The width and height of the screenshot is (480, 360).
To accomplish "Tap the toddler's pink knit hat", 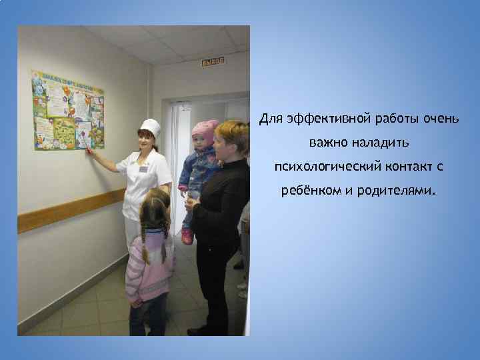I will [x=204, y=129].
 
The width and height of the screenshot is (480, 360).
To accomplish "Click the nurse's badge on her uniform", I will [x=143, y=168].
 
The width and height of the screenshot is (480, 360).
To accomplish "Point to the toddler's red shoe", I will [x=187, y=237].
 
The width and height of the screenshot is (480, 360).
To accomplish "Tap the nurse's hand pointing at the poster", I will [x=89, y=151].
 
